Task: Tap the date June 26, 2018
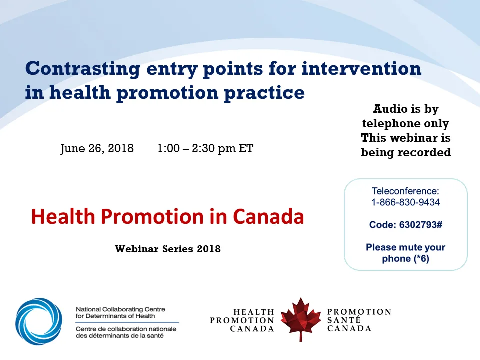click(x=97, y=149)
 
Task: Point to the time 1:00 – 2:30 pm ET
click(x=205, y=149)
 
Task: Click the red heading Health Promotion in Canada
click(x=167, y=216)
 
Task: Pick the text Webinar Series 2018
click(x=168, y=248)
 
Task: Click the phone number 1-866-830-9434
click(x=405, y=202)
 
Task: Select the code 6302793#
click(x=420, y=225)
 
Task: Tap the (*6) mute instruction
click(x=418, y=259)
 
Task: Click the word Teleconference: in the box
click(x=405, y=191)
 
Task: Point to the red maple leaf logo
click(x=300, y=319)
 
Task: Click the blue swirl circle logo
click(x=39, y=321)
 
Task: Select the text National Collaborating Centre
click(x=120, y=310)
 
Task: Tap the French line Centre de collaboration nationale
click(x=126, y=329)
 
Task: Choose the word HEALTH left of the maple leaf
click(x=254, y=312)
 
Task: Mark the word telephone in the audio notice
click(x=405, y=123)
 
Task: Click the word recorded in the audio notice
click(x=427, y=152)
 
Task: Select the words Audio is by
click(x=405, y=109)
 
